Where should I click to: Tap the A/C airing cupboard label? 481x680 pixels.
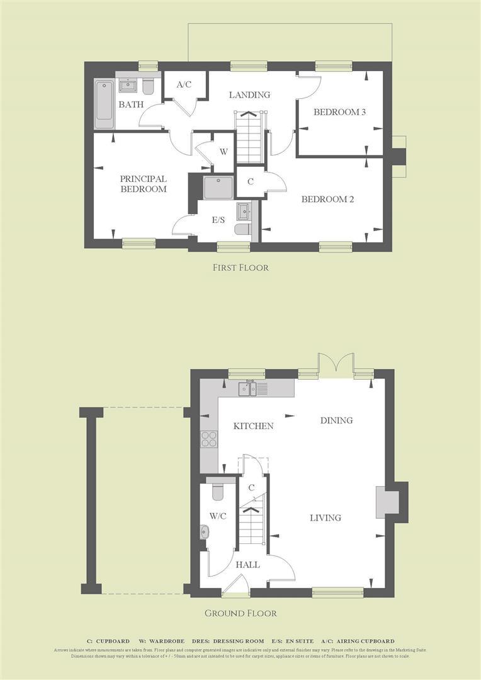point(184,84)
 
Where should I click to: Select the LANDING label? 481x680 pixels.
point(249,94)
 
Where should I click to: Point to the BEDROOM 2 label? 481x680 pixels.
point(327,200)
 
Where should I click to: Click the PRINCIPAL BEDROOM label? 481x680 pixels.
point(144,184)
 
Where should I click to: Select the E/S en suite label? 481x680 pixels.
point(218,220)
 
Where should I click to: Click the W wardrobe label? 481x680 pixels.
point(223,152)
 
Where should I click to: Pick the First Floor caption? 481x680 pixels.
point(241,268)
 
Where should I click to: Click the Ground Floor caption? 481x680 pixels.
point(241,613)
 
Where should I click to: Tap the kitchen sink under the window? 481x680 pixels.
point(247,388)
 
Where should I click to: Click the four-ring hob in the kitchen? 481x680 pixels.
point(209,438)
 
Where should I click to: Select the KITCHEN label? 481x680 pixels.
point(253,426)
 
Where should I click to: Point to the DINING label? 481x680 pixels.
point(336,420)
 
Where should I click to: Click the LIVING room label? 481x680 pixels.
point(325,518)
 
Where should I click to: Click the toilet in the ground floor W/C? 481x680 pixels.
point(218,489)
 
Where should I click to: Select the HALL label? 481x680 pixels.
point(247,565)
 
